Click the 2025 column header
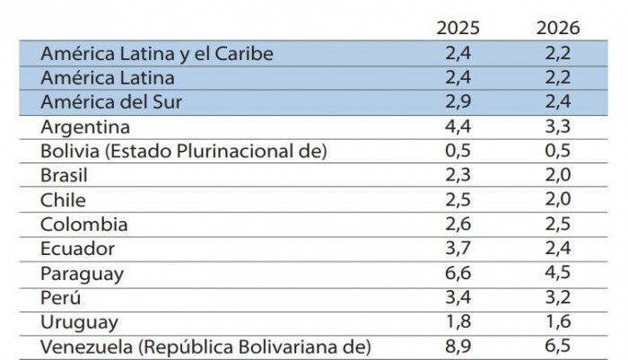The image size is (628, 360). [x=458, y=29]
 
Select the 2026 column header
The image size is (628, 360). [x=558, y=29]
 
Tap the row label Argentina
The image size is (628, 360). [x=85, y=127]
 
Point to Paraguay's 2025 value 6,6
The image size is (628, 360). [x=458, y=273]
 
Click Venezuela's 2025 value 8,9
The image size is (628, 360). [x=458, y=346]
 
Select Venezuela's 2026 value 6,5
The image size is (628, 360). [x=558, y=346]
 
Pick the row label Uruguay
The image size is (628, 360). [x=79, y=321]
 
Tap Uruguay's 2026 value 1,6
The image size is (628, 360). [x=558, y=321]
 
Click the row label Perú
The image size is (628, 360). [x=62, y=297]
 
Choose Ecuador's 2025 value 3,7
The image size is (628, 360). [x=458, y=249]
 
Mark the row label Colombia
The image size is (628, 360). [x=83, y=224]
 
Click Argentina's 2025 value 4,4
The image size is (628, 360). [x=458, y=127]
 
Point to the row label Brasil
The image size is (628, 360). [x=65, y=176]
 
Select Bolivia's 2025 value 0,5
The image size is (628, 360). [x=458, y=151]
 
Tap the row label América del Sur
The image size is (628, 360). [x=111, y=101]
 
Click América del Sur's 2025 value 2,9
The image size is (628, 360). [x=458, y=101]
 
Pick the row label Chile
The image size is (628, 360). [x=63, y=200]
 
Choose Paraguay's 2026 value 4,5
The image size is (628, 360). [x=558, y=273]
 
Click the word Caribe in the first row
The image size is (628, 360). [x=241, y=53]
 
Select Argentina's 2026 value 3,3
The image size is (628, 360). [x=558, y=127]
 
